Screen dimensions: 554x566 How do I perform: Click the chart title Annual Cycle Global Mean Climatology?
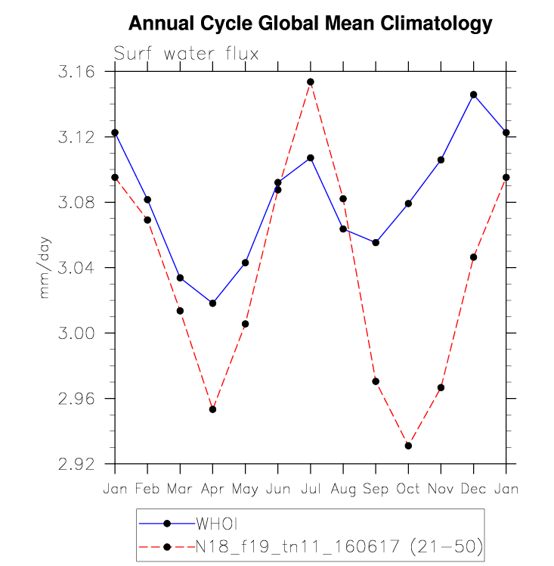(311, 23)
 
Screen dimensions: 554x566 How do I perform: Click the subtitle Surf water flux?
(186, 54)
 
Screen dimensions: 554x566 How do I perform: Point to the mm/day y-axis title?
(44, 267)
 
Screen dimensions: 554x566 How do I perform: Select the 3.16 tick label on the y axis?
(76, 71)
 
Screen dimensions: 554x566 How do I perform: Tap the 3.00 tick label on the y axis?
(76, 333)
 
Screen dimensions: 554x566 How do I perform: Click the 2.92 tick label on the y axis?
(76, 464)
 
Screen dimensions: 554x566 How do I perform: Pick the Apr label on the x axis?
(212, 490)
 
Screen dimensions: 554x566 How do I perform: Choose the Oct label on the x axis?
(408, 489)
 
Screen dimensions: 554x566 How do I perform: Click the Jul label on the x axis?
(311, 489)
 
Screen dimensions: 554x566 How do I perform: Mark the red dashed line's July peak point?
(311, 82)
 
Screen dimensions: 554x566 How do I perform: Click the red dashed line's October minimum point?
(408, 446)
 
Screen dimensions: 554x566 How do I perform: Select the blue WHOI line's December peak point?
(473, 95)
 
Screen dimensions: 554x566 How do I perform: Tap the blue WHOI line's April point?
(212, 303)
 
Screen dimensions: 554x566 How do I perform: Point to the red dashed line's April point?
(212, 409)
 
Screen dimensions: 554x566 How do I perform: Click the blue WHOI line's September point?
(376, 243)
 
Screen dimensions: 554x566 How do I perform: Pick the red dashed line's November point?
(441, 387)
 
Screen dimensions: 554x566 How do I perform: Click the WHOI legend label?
(217, 524)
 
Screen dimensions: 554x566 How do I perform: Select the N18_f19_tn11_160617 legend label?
(297, 547)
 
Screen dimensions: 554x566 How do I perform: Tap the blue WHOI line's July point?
(311, 157)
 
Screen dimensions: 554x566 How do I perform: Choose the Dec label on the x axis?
(473, 489)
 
